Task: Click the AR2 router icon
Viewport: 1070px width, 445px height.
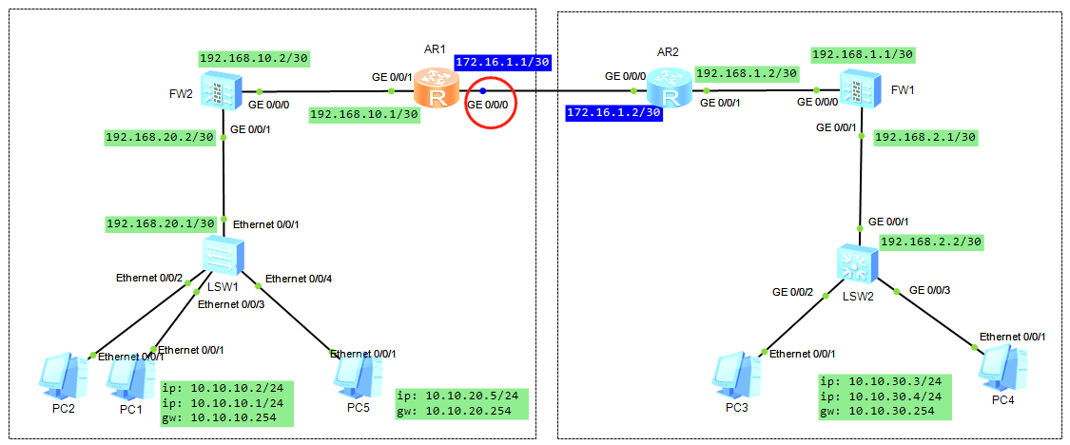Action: pyautogui.click(x=666, y=90)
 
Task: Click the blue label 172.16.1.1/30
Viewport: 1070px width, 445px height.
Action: pyautogui.click(x=503, y=62)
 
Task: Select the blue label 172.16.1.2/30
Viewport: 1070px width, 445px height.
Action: pyautogui.click(x=613, y=112)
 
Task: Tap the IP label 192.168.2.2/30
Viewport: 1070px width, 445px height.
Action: pyautogui.click(x=930, y=242)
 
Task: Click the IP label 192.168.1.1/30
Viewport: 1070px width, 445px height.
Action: pyautogui.click(x=862, y=54)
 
